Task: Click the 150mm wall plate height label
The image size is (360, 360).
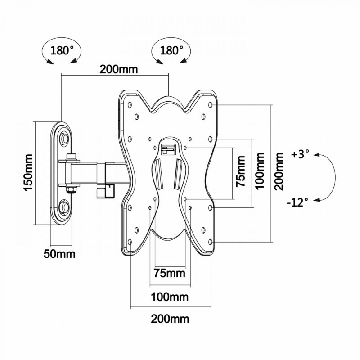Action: pyautogui.click(x=28, y=173)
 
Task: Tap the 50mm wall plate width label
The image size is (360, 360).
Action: pyautogui.click(x=59, y=254)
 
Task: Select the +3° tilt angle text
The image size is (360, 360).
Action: pyautogui.click(x=300, y=154)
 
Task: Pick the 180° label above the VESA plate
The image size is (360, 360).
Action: pyautogui.click(x=168, y=49)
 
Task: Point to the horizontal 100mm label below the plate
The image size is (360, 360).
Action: pyautogui.click(x=170, y=297)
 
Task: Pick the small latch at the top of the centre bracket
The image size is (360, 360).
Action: pyautogui.click(x=166, y=147)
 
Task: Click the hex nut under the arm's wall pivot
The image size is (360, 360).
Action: pyautogui.click(x=71, y=188)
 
